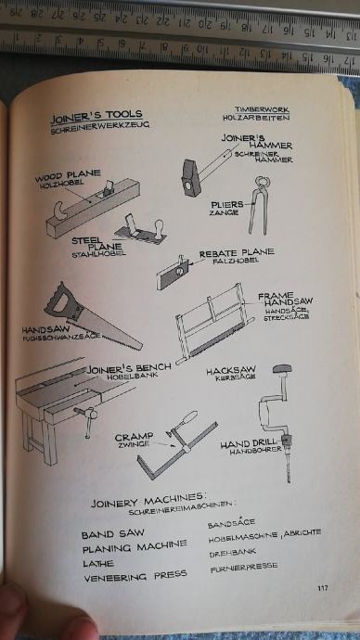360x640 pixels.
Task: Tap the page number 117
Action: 323,588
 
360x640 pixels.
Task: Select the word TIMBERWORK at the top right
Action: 262,109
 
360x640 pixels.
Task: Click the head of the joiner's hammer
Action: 190,177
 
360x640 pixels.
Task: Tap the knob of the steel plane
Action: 158,227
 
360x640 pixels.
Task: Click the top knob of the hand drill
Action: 282,368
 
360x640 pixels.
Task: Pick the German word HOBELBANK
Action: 126,377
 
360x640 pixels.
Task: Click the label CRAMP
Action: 135,437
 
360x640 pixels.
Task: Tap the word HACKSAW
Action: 231,371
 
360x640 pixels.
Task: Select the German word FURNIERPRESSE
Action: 244,567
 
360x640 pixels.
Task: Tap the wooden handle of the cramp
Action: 191,418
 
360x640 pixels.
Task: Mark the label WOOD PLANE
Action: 68,175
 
